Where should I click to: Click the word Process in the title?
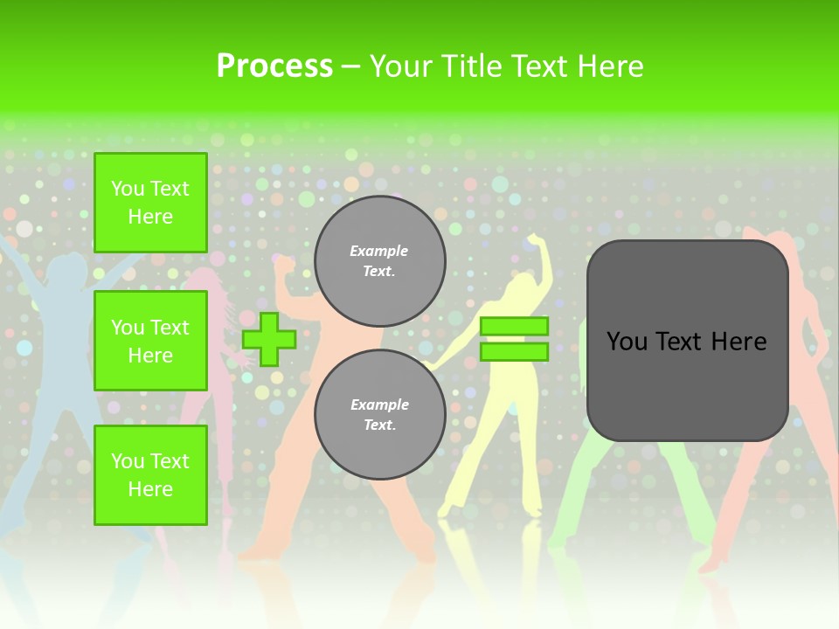pyautogui.click(x=274, y=66)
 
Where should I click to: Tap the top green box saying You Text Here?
pyautogui.click(x=150, y=203)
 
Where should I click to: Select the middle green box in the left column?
pyautogui.click(x=150, y=341)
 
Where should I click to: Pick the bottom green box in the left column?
pyautogui.click(x=150, y=474)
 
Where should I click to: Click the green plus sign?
pyautogui.click(x=269, y=339)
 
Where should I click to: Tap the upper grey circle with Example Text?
pyautogui.click(x=379, y=261)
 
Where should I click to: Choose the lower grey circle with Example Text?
pyautogui.click(x=379, y=415)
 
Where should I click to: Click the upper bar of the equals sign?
pyautogui.click(x=514, y=326)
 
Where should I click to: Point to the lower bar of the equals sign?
pyautogui.click(x=514, y=352)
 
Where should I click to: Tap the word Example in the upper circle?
pyautogui.click(x=378, y=252)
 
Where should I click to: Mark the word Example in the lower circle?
pyautogui.click(x=378, y=405)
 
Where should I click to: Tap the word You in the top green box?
pyautogui.click(x=128, y=189)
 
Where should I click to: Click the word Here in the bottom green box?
pyautogui.click(x=150, y=489)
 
